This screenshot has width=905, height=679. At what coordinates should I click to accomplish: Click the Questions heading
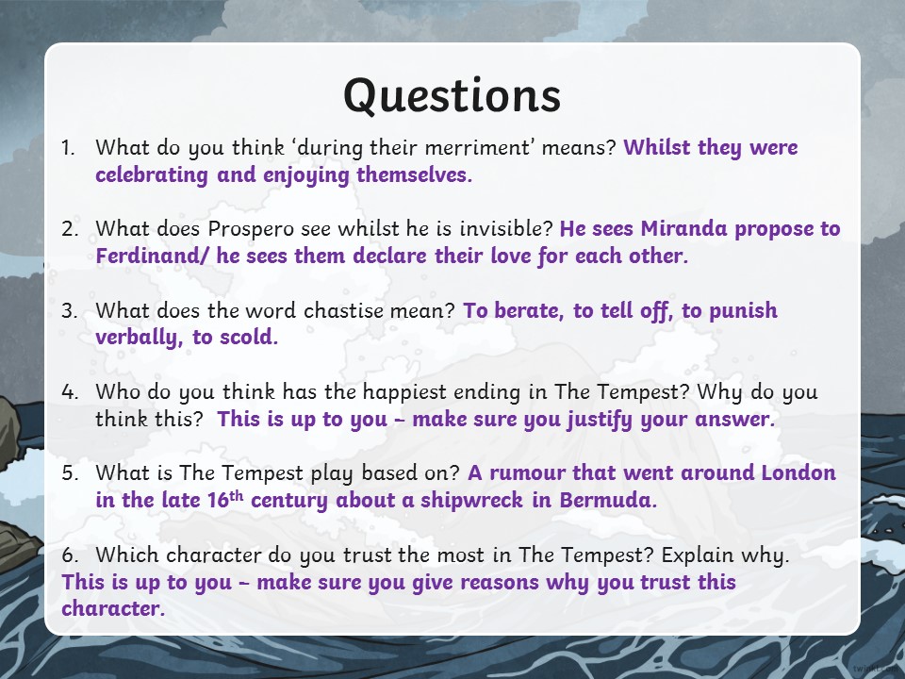452,96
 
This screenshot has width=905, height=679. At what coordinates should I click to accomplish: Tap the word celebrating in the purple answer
152,175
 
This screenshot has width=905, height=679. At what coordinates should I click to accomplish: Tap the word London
798,472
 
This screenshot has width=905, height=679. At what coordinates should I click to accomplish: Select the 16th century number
225,500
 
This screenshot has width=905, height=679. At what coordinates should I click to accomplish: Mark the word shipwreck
471,501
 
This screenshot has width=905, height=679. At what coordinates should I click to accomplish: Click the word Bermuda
608,500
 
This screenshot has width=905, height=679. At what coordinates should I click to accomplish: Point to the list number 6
69,555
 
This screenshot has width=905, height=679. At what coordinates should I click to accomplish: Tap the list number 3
69,311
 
